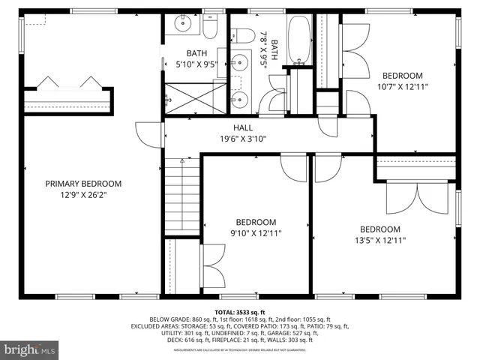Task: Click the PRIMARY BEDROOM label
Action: click(82, 184)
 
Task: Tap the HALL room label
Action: click(243, 127)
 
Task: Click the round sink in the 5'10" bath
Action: click(182, 25)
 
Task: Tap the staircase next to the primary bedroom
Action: click(181, 196)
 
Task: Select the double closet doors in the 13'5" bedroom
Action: click(403, 199)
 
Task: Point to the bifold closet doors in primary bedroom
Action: click(67, 82)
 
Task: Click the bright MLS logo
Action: click(30, 349)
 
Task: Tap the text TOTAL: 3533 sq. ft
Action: click(239, 310)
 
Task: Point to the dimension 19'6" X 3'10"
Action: click(243, 138)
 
